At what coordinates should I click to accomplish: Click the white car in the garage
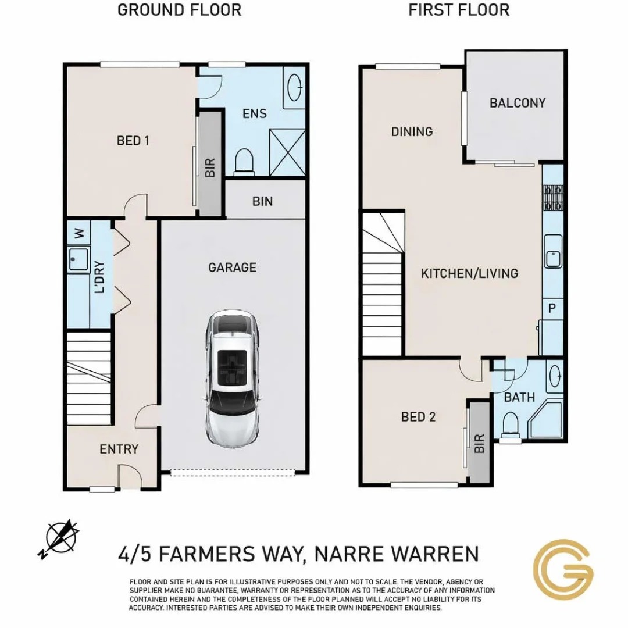[x=231, y=378]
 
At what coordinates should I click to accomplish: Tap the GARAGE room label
[x=232, y=267]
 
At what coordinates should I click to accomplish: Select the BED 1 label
[x=133, y=141]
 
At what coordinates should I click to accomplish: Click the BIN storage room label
[x=262, y=202]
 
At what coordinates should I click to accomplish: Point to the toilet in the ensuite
[x=244, y=161]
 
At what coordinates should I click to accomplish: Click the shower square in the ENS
[x=287, y=152]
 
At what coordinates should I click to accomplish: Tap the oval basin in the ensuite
[x=295, y=88]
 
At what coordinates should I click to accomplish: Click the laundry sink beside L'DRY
[x=78, y=259]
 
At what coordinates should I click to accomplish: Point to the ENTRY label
[x=119, y=449]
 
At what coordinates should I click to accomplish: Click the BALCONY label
[x=517, y=104]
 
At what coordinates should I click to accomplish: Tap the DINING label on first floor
[x=412, y=132]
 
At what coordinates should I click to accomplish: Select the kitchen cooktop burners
[x=553, y=198]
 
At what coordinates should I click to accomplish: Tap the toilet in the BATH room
[x=510, y=423]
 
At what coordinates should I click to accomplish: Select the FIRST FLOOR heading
[x=458, y=10]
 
